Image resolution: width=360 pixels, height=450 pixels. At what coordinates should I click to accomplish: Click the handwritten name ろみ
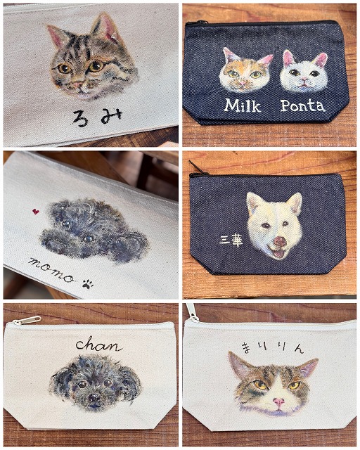pyautogui.click(x=97, y=117)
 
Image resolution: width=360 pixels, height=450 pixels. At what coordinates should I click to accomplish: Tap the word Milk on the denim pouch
pyautogui.click(x=243, y=105)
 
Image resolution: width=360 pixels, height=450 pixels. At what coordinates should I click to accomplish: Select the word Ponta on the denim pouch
pyautogui.click(x=303, y=105)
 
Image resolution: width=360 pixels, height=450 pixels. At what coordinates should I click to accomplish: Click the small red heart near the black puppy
pyautogui.click(x=36, y=212)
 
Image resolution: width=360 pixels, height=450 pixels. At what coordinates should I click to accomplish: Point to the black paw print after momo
pyautogui.click(x=88, y=284)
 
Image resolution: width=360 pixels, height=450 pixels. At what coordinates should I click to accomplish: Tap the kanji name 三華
pyautogui.click(x=231, y=241)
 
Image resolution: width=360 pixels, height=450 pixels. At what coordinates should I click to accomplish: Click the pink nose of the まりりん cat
pyautogui.click(x=278, y=401)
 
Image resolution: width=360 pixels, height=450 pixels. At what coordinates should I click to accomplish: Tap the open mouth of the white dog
pyautogui.click(x=278, y=253)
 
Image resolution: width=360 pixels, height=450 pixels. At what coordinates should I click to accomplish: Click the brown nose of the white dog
pyautogui.click(x=280, y=241)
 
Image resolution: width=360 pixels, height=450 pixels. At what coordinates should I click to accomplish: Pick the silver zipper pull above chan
pyautogui.click(x=27, y=320)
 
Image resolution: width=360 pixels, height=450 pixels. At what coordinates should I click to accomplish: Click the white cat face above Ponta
pyautogui.click(x=304, y=72)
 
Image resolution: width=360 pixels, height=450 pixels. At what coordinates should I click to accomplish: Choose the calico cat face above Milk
pyautogui.click(x=245, y=70)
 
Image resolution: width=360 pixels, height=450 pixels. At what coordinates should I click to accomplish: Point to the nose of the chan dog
pyautogui.click(x=94, y=397)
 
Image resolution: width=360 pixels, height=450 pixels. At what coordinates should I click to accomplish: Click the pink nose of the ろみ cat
pyautogui.click(x=78, y=84)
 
